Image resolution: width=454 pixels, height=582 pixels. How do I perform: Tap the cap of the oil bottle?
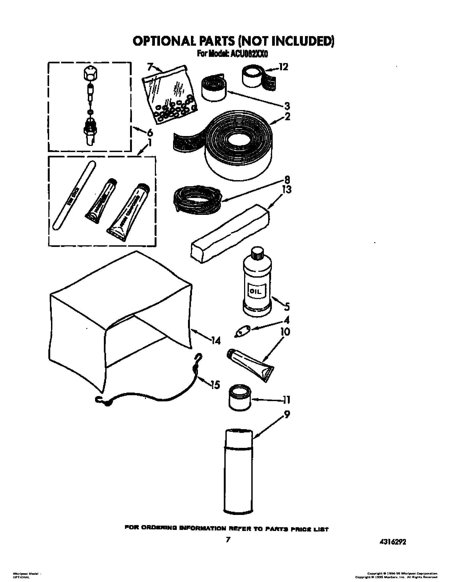(257, 253)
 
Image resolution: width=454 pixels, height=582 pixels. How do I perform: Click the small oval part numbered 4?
(242, 332)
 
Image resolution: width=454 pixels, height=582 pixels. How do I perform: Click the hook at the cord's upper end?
(199, 358)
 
